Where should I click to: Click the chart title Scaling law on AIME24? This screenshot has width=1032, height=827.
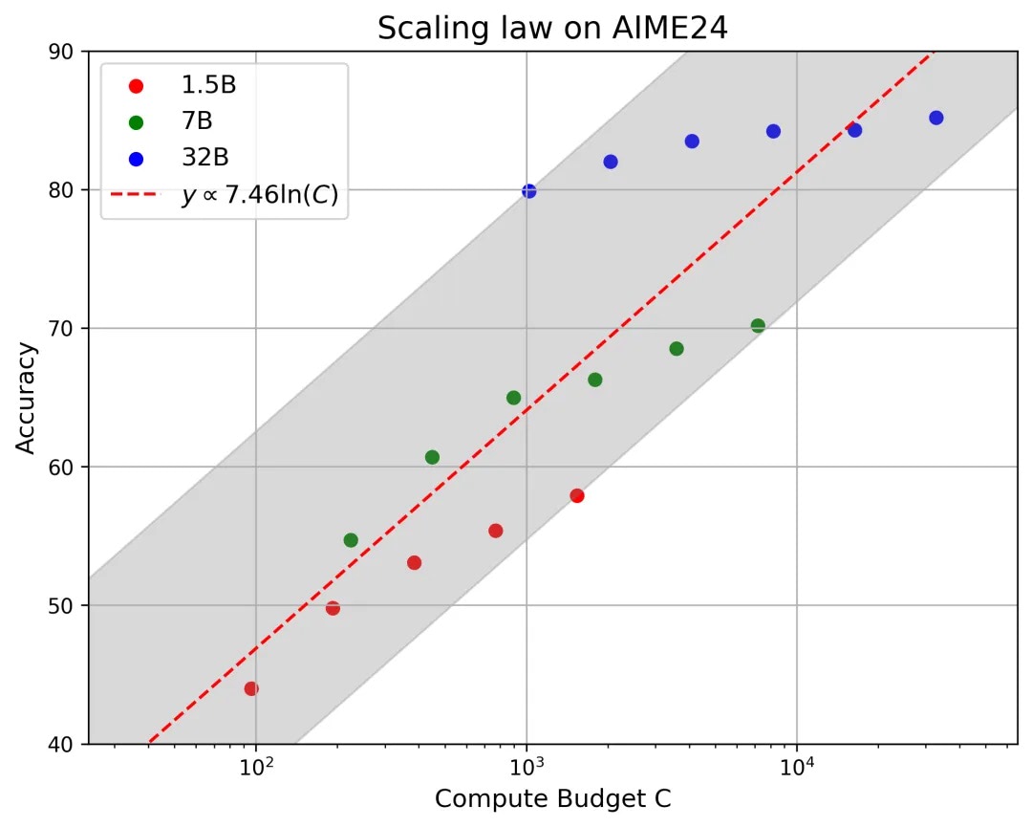[x=552, y=28]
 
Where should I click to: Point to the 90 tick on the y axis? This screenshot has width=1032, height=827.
[x=69, y=51]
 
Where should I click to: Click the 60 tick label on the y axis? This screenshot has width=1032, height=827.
[x=69, y=467]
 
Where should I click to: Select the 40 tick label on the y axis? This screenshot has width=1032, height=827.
[x=69, y=744]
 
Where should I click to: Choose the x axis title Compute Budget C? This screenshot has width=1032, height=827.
[x=552, y=799]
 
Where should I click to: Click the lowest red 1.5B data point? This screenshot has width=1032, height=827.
[x=251, y=688]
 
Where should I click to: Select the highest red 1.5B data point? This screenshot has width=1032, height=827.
[x=577, y=495]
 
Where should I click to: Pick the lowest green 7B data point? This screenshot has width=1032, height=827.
[x=351, y=540]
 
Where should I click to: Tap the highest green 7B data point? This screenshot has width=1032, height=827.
[x=758, y=326]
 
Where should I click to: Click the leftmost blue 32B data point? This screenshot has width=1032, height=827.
[x=528, y=191]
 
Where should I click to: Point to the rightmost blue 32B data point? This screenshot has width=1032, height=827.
[x=936, y=118]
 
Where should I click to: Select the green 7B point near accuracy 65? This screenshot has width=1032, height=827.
[x=513, y=398]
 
